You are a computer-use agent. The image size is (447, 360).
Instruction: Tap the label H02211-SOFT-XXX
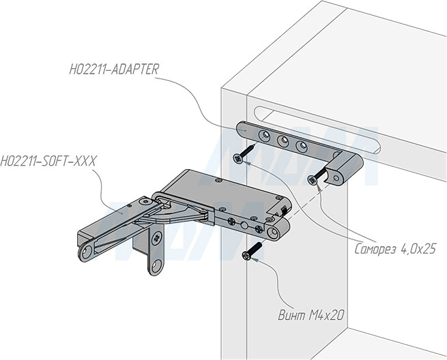pyautogui.click(x=48, y=161)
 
